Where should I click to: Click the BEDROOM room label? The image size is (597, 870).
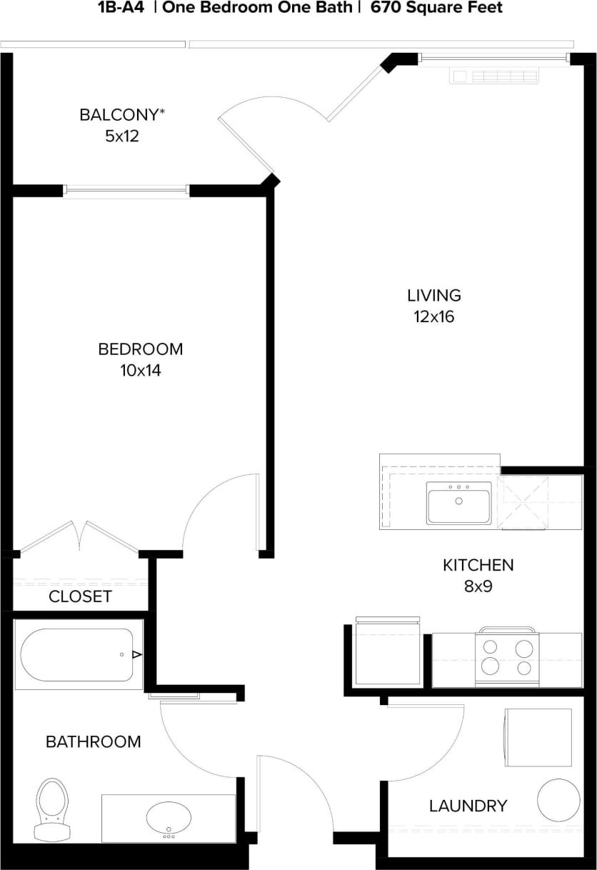click(140, 349)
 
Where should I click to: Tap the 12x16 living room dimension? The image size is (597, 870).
click(433, 316)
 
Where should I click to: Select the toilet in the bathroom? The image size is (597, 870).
click(51, 809)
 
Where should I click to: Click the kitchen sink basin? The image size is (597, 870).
click(458, 503)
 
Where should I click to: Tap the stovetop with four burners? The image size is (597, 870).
click(507, 656)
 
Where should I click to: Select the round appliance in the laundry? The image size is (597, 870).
click(558, 800)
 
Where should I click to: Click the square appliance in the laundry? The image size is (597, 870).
click(538, 737)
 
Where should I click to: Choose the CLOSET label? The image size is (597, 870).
click(80, 596)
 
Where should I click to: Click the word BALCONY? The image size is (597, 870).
click(122, 114)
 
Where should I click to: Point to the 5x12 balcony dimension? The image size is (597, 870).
click(121, 136)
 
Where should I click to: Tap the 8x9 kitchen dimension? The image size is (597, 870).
click(478, 587)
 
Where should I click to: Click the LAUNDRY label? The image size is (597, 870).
click(468, 806)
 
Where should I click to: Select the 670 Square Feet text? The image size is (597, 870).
click(436, 8)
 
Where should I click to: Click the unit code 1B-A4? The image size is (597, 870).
click(116, 8)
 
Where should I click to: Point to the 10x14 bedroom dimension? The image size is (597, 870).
click(140, 371)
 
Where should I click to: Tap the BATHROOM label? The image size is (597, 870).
click(94, 741)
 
